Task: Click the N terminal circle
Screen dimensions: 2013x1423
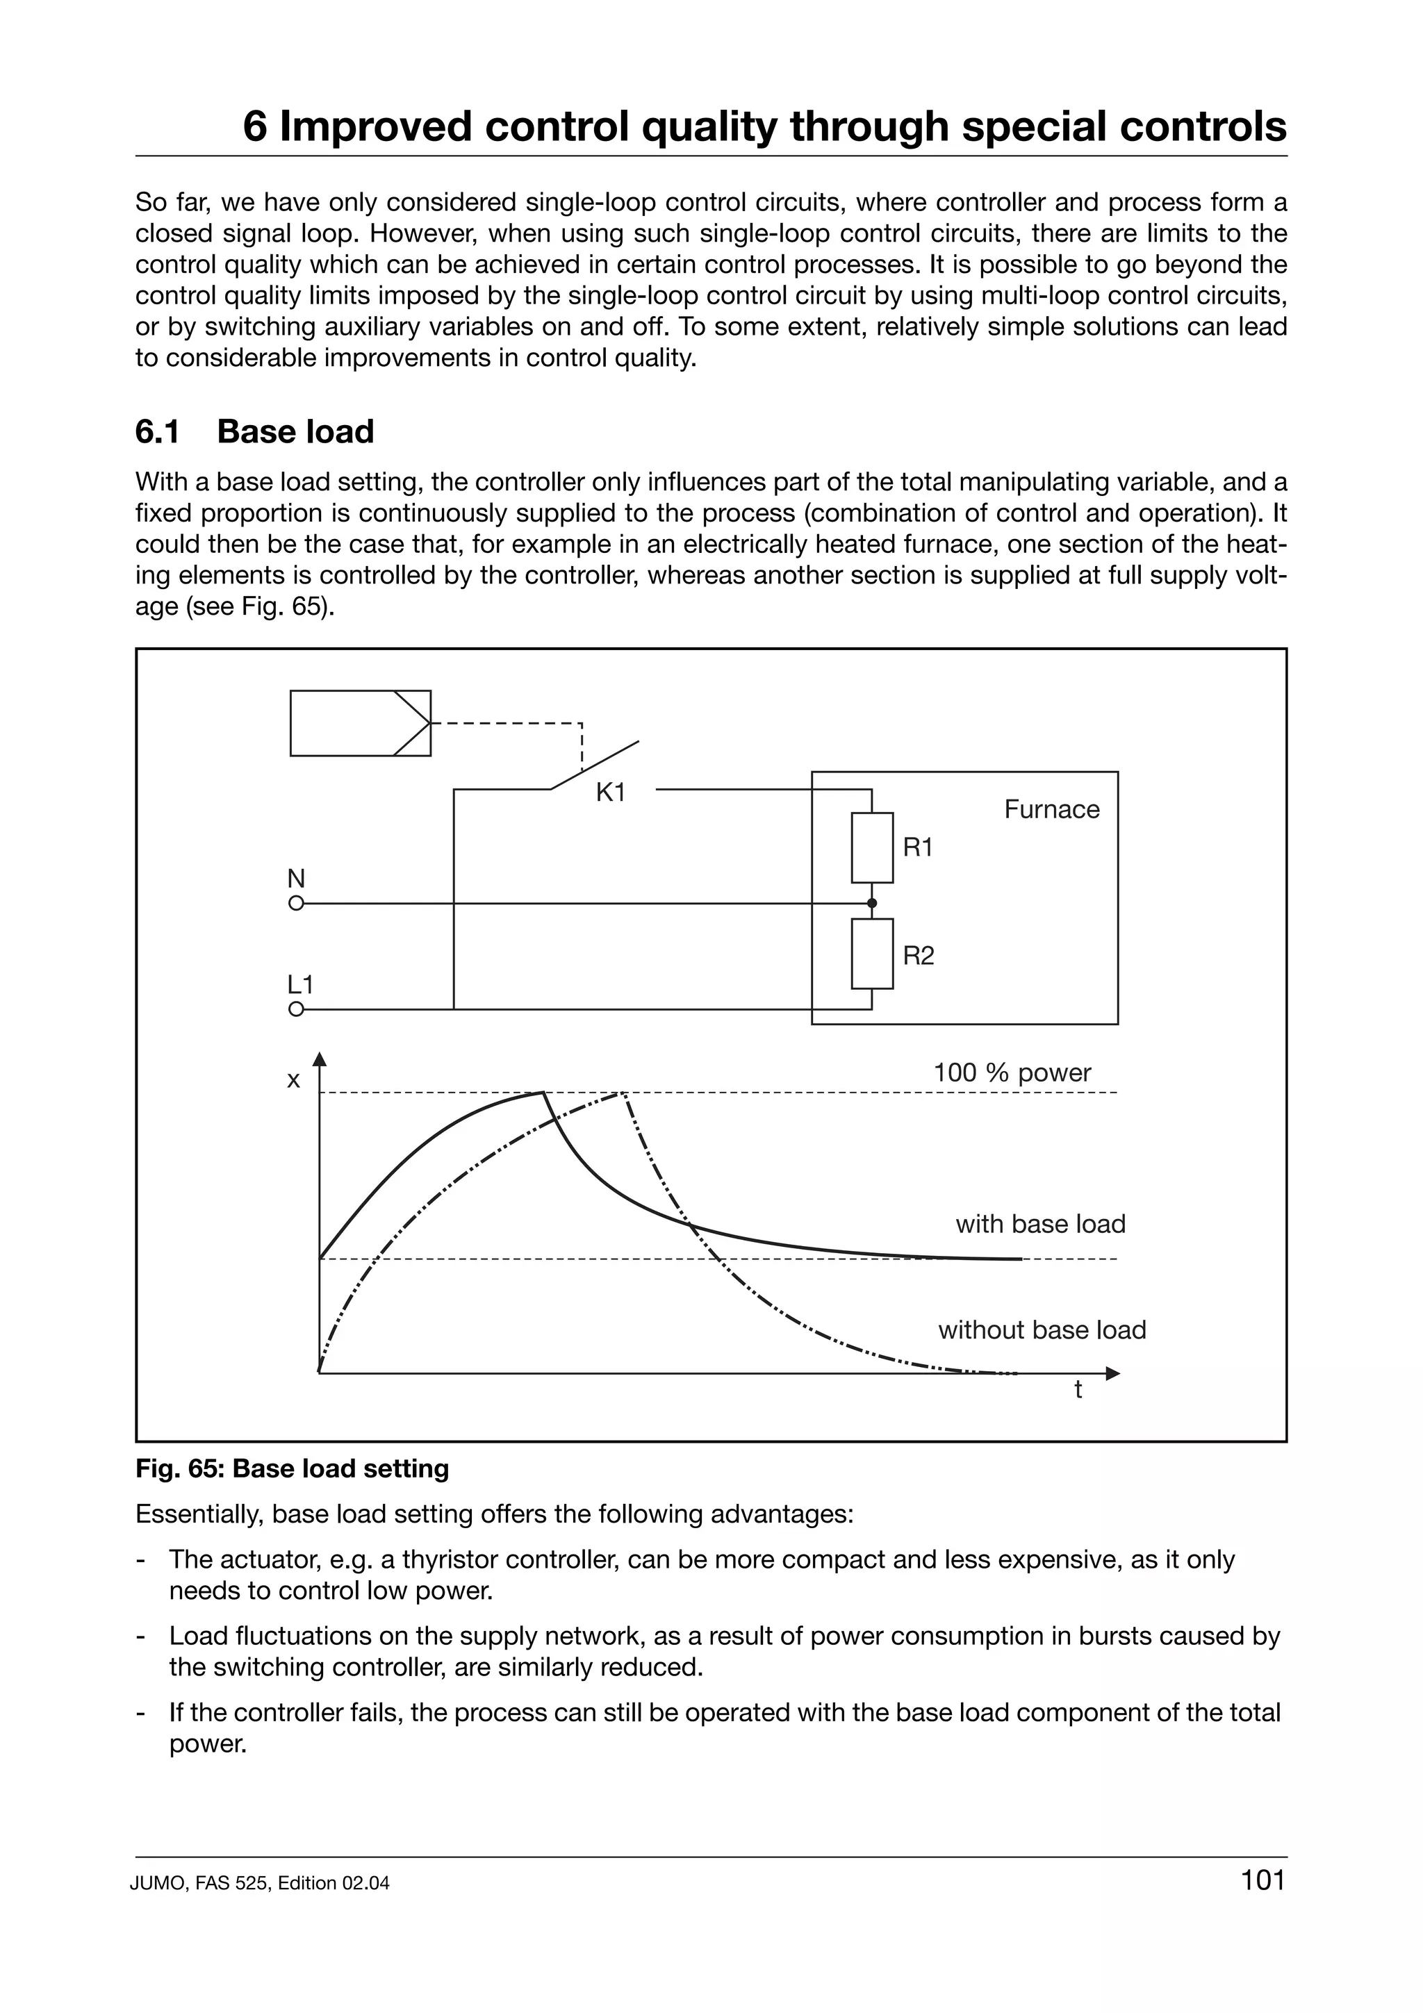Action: [297, 903]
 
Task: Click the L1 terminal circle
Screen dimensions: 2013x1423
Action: [297, 1009]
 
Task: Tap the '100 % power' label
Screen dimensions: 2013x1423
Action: [1012, 1072]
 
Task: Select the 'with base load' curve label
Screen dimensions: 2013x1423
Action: [1040, 1224]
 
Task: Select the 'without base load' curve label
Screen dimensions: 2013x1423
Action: [1042, 1330]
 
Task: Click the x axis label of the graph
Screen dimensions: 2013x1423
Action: [294, 1080]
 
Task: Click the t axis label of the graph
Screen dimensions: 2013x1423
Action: [1078, 1391]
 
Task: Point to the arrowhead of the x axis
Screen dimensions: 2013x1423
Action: [319, 1059]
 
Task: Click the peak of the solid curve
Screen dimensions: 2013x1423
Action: [543, 1093]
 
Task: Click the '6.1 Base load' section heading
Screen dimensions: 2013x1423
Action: [254, 431]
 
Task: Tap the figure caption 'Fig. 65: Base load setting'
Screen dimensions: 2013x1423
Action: [292, 1468]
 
